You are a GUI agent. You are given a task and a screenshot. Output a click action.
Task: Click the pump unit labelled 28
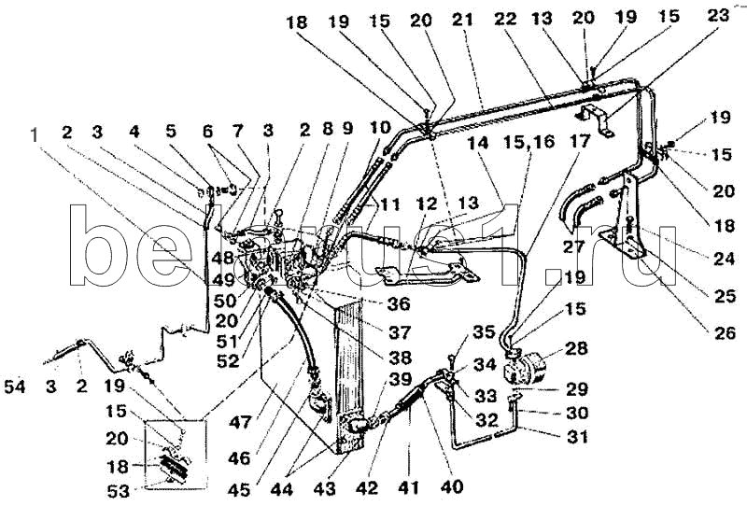530,364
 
